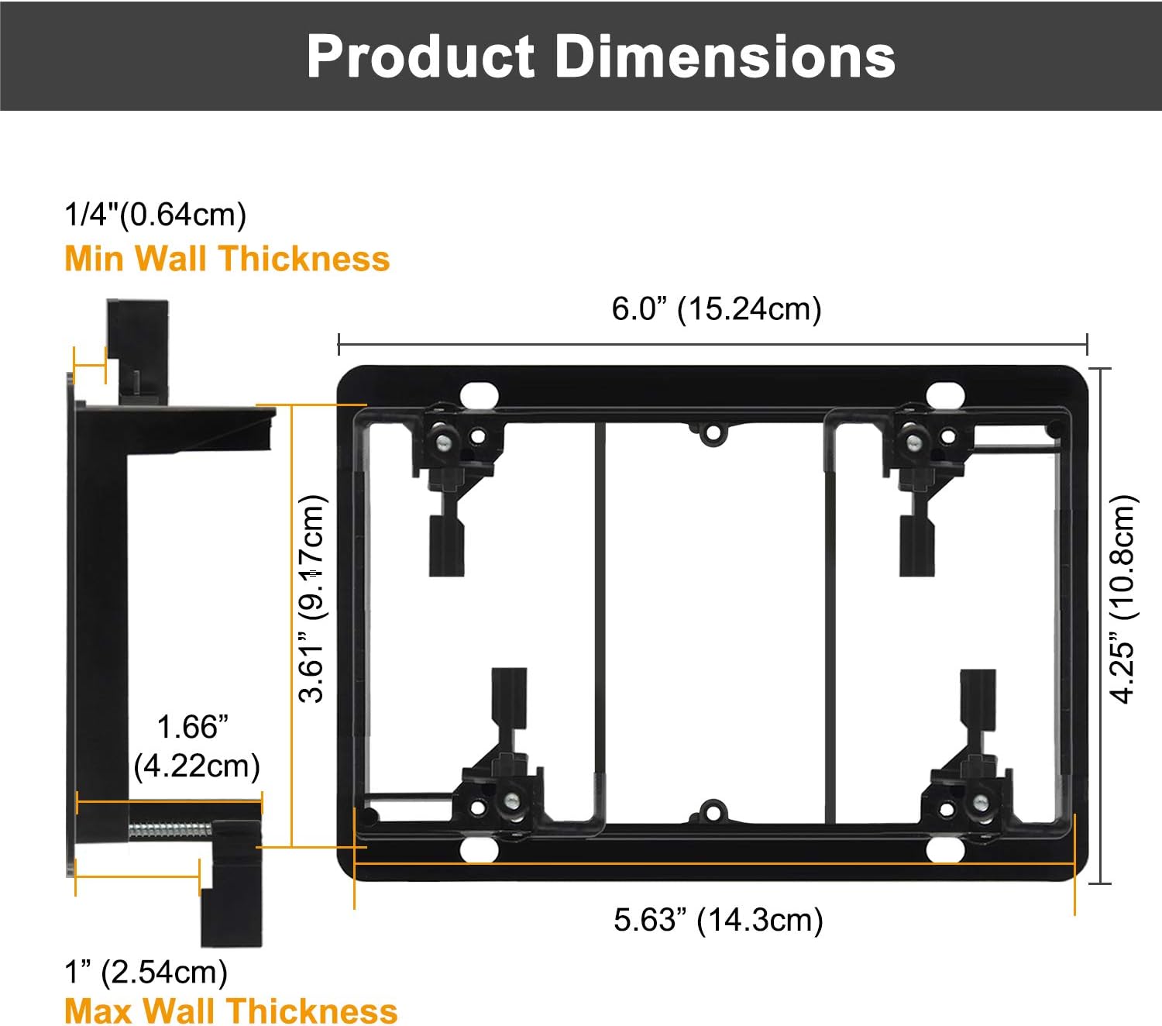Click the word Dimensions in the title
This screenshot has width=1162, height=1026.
coord(725,57)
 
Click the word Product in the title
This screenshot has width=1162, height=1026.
coord(421,57)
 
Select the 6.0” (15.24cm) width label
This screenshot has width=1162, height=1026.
coord(716,308)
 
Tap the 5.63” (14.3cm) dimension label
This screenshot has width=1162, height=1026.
coord(717,920)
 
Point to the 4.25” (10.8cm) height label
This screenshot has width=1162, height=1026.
coord(1122,599)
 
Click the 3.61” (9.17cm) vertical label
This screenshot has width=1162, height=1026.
coord(312,599)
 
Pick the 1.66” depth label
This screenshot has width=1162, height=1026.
coord(193,728)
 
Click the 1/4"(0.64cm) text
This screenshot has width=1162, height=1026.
coord(155,215)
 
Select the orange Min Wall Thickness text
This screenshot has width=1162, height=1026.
coord(227,258)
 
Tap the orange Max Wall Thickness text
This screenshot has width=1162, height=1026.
coord(231,1011)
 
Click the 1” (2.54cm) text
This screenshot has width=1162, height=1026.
coord(146,972)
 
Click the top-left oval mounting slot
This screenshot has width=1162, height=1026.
coord(479,394)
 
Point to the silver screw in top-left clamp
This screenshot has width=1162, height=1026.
coord(445,442)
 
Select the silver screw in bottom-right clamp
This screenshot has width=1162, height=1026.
coord(982,803)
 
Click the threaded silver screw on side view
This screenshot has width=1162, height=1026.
coord(169,830)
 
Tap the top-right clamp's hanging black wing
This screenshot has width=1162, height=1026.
coord(916,547)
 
